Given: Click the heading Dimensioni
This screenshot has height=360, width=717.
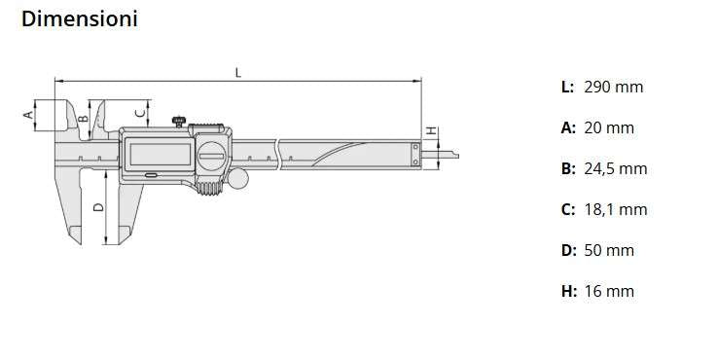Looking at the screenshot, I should (79, 18).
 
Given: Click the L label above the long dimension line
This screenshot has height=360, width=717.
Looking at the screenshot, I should (238, 72).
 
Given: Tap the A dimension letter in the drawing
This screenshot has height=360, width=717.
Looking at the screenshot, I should (28, 114).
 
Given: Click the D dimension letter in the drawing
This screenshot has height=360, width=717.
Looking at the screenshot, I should (98, 206).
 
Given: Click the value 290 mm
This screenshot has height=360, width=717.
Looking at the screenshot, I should (613, 87).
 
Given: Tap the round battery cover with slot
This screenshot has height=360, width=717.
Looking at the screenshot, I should (210, 155).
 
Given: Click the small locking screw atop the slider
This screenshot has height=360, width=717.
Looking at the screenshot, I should (179, 121).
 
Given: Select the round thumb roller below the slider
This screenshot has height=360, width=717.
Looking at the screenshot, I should (237, 178).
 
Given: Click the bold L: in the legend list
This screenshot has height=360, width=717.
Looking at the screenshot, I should (567, 87).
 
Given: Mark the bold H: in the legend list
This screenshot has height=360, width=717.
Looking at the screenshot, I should (569, 291).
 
